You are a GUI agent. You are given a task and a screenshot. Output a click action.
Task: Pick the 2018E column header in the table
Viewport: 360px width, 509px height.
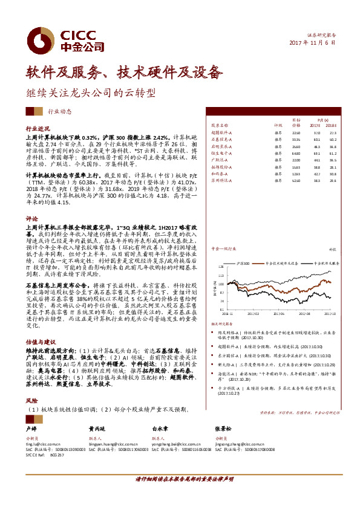332,126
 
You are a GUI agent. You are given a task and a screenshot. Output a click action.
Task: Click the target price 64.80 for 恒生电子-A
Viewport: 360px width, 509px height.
296,154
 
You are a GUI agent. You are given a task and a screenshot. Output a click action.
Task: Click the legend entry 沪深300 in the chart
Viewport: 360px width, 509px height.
244,263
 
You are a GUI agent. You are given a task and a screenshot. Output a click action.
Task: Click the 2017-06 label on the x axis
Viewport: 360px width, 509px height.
280,314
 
